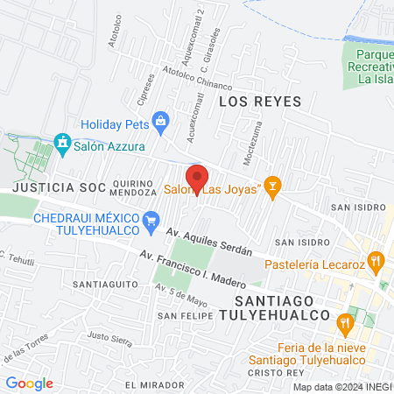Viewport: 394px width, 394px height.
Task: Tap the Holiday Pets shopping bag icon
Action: click(x=159, y=120)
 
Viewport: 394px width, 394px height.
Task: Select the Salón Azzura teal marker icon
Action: click(x=62, y=142)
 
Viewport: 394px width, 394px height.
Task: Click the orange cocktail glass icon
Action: click(x=273, y=187)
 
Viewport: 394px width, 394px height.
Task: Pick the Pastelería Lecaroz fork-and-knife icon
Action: click(x=376, y=259)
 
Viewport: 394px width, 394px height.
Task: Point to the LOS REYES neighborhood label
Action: click(x=259, y=102)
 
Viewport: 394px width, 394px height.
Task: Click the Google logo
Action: click(x=29, y=383)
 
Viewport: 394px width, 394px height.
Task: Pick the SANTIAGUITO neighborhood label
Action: click(x=102, y=285)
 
